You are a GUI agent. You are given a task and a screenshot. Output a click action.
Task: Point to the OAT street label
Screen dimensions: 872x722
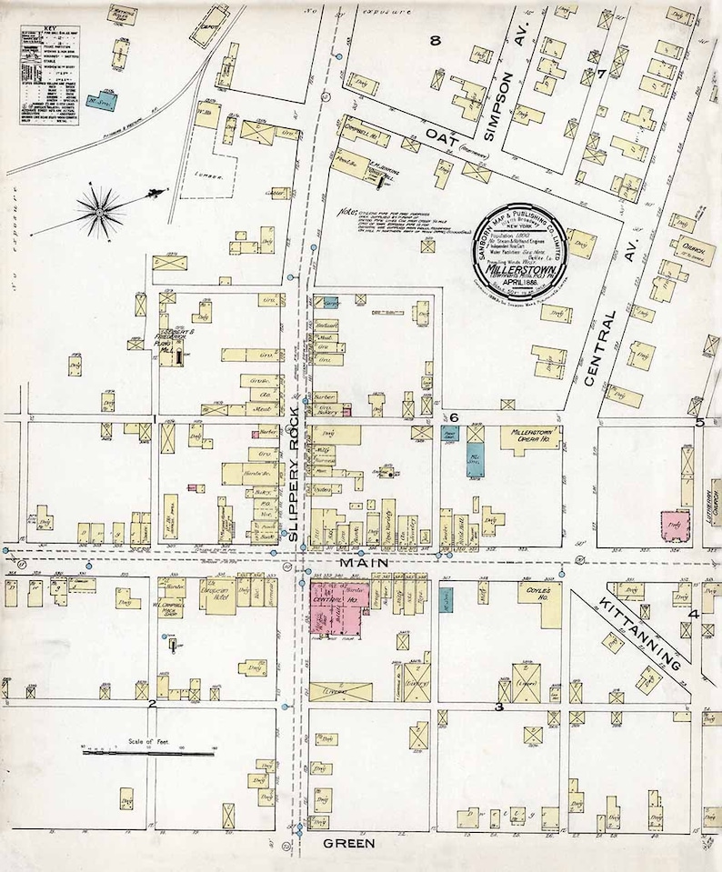439,136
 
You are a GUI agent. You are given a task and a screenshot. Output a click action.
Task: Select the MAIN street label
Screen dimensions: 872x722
365,564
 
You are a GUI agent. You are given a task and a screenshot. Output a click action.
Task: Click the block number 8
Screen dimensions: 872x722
436,40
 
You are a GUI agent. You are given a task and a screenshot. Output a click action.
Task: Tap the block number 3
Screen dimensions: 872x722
498,707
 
